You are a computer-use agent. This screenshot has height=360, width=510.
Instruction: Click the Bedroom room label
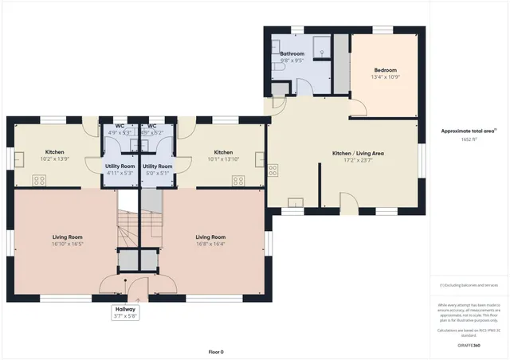(x=385, y=70)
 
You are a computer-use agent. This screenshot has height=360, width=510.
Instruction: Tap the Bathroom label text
(x=292, y=53)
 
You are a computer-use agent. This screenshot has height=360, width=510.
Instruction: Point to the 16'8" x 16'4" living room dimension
(x=210, y=245)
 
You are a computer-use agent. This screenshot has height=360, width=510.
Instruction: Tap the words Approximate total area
(x=467, y=131)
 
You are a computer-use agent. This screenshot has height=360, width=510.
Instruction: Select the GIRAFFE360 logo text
(x=469, y=346)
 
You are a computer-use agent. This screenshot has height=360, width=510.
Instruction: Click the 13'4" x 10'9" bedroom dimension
(x=385, y=77)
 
